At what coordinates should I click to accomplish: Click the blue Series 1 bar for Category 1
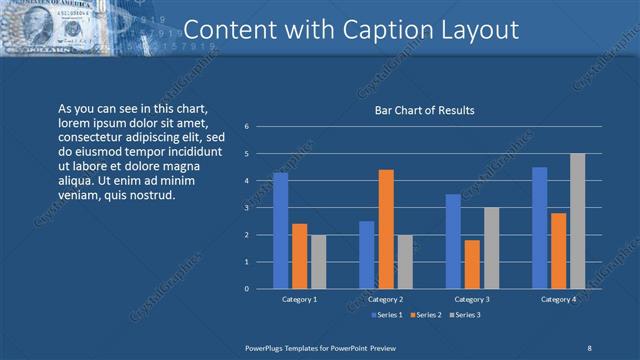click(x=280, y=231)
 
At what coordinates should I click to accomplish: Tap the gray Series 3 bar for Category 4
click(x=577, y=221)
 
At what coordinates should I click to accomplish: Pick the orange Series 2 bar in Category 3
click(x=472, y=264)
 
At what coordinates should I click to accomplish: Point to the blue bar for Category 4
click(x=540, y=228)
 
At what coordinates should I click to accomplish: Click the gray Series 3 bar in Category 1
click(x=318, y=262)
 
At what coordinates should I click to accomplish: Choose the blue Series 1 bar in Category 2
click(x=367, y=255)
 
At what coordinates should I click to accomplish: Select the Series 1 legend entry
click(x=389, y=315)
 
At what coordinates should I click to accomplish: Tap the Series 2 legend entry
click(x=424, y=315)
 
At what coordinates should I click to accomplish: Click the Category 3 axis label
click(x=472, y=299)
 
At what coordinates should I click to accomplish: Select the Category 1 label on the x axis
click(x=299, y=299)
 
